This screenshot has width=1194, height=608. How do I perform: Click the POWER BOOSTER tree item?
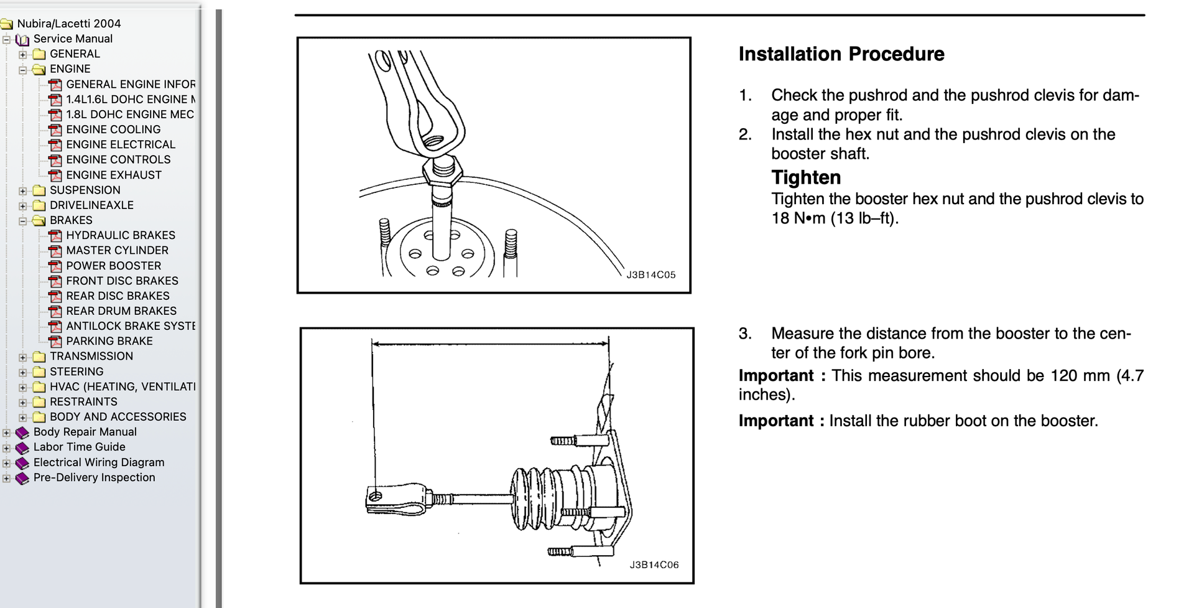(113, 266)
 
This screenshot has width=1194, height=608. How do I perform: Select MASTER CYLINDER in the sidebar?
(117, 250)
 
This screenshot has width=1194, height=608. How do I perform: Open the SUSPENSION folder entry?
(85, 190)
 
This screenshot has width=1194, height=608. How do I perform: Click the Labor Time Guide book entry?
(79, 447)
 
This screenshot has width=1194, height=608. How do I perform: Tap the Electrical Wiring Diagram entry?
(99, 462)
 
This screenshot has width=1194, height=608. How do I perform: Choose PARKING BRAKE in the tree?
(109, 341)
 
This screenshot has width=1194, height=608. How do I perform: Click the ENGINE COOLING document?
(113, 129)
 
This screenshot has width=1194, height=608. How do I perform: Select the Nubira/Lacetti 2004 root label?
(68, 24)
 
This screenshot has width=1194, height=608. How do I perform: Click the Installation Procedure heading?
(841, 54)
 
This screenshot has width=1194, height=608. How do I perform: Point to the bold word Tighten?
(806, 178)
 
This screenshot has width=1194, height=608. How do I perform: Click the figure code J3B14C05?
(650, 275)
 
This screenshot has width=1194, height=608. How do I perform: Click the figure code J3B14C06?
(654, 565)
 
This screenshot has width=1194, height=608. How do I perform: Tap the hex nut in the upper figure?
(442, 173)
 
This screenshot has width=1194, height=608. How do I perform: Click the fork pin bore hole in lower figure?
(375, 496)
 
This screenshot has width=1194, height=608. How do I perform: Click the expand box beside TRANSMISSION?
(23, 357)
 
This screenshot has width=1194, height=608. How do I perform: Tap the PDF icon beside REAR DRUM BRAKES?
(55, 311)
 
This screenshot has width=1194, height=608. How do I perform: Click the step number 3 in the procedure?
(745, 334)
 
